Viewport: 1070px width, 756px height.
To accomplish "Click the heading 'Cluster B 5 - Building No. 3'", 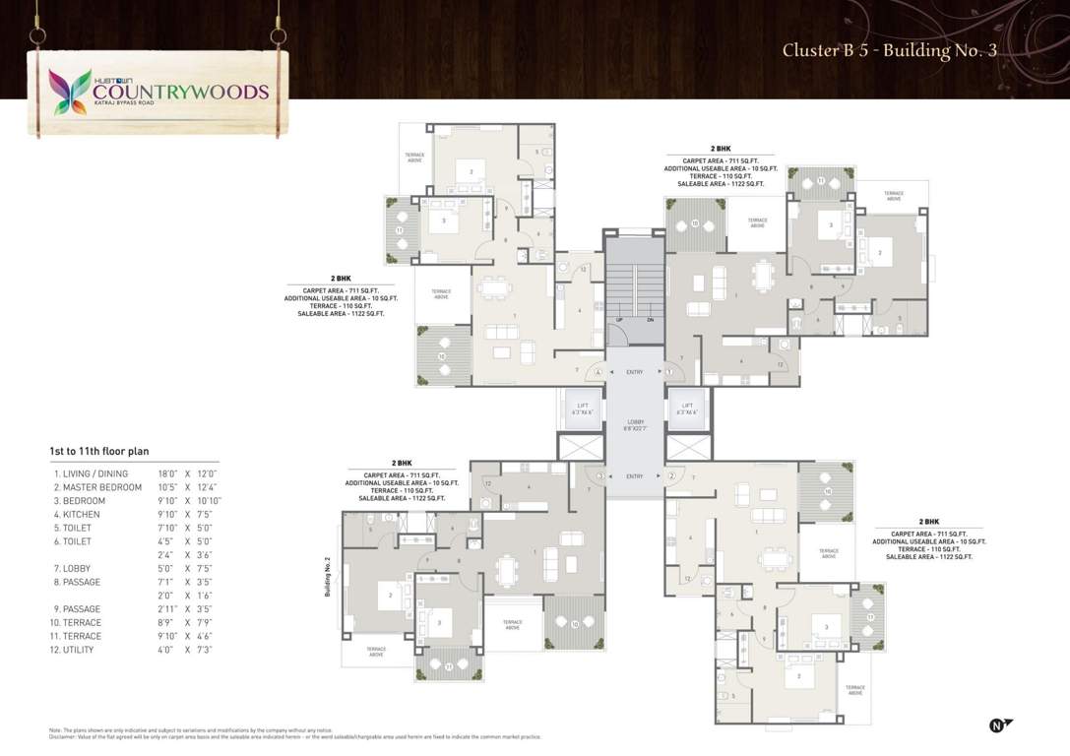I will (x=890, y=50).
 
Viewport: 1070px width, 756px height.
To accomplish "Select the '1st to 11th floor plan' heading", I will (x=99, y=451).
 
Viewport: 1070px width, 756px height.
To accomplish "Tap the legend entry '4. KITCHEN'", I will (x=80, y=514).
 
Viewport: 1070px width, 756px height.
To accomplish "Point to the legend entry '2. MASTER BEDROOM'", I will (x=97, y=487).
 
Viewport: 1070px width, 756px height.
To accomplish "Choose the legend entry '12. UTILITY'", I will (x=79, y=650).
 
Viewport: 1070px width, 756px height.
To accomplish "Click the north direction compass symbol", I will (x=998, y=725).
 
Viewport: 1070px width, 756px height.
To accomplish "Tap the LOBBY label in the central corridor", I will (x=635, y=422).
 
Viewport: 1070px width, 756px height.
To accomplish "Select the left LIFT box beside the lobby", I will (x=583, y=407).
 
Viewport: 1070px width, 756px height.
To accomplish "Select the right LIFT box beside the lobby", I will (x=686, y=407).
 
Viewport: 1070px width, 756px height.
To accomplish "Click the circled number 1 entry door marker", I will (x=668, y=372).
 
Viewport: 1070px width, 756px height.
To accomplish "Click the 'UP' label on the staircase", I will (x=619, y=320).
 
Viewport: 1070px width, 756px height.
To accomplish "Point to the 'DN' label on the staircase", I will (x=650, y=320).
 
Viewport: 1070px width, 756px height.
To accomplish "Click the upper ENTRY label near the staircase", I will (x=635, y=372).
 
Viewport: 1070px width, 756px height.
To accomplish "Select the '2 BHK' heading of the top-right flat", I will (x=721, y=148).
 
